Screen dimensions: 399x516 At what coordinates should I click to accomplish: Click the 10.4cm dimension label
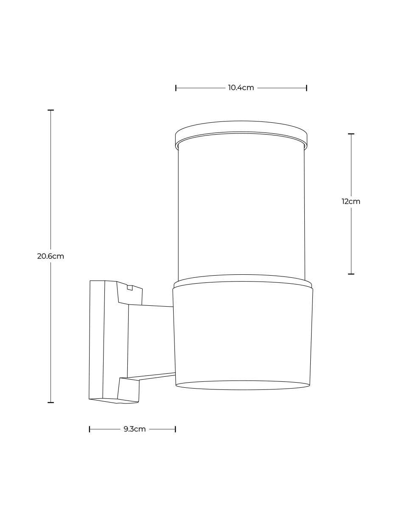pyautogui.click(x=241, y=88)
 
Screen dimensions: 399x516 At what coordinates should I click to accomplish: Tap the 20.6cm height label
pyautogui.click(x=51, y=257)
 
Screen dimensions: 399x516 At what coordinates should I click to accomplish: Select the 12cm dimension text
pyautogui.click(x=351, y=202)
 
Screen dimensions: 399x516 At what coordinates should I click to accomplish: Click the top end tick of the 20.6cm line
pyautogui.click(x=51, y=110)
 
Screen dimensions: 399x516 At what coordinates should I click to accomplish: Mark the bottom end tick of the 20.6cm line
pyautogui.click(x=51, y=403)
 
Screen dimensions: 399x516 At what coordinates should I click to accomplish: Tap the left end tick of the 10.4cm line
pyautogui.click(x=176, y=88)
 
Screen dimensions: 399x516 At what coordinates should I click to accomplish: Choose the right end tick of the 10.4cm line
pyautogui.click(x=306, y=88)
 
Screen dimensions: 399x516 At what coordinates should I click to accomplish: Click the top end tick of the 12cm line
pyautogui.click(x=351, y=134)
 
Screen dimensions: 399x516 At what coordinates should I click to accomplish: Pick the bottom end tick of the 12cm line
pyautogui.click(x=351, y=274)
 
